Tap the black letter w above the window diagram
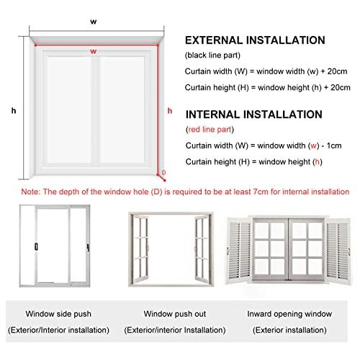(x=94, y=22)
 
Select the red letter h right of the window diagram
(x=169, y=110)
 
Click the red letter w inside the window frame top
(x=94, y=52)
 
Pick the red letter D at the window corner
(x=163, y=173)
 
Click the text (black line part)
(x=213, y=55)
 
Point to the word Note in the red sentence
(x=30, y=193)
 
